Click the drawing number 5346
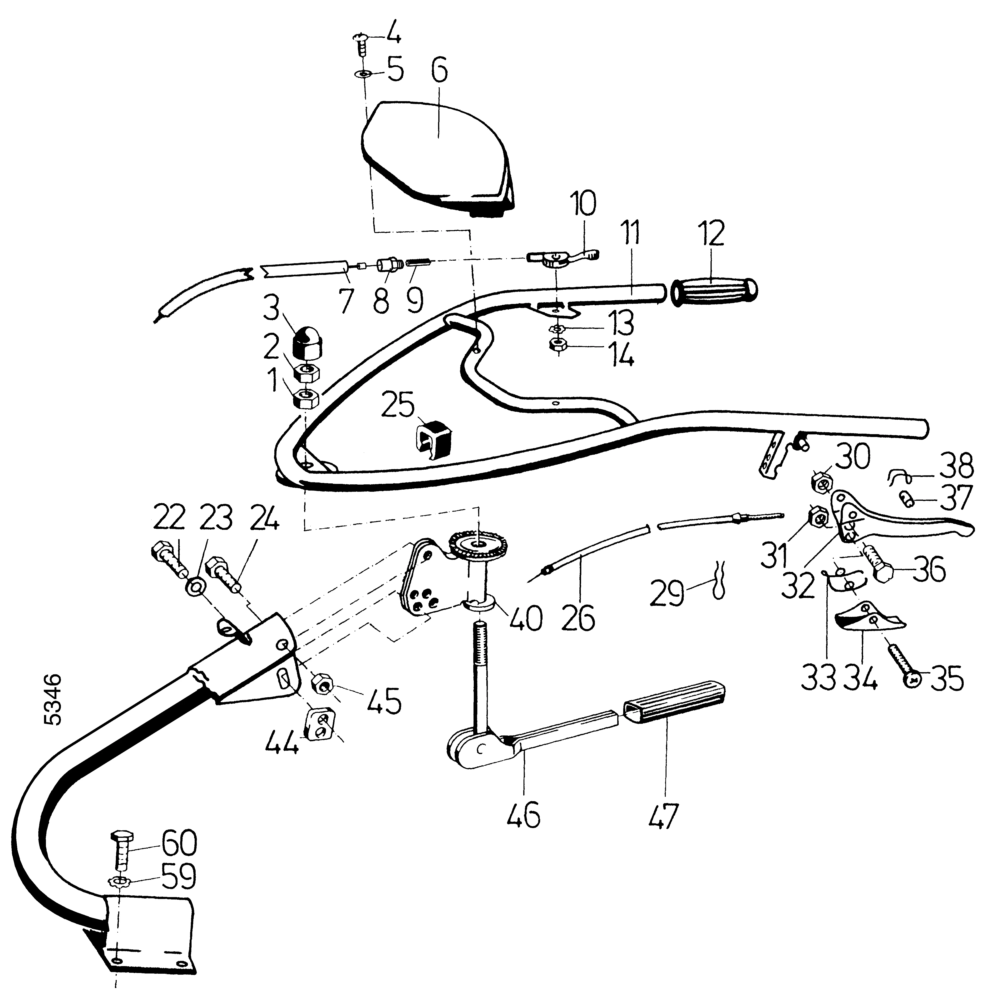click(x=53, y=699)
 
